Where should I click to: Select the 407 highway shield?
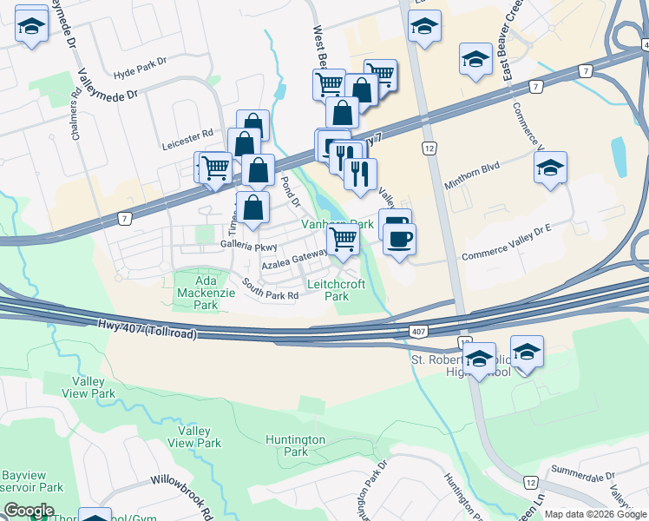click(417, 332)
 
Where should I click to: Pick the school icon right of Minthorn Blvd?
click(550, 168)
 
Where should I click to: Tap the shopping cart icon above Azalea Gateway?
click(344, 239)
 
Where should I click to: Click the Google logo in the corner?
click(29, 511)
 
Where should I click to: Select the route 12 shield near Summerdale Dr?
click(531, 481)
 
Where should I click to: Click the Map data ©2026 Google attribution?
click(595, 514)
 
